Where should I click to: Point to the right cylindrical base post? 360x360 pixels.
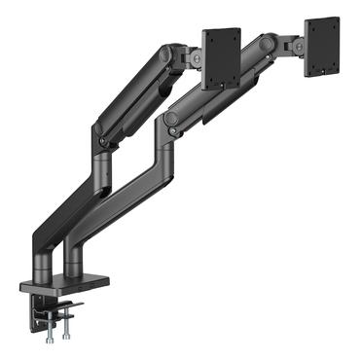[x=74, y=263]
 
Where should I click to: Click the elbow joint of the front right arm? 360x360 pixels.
[x=172, y=118]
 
